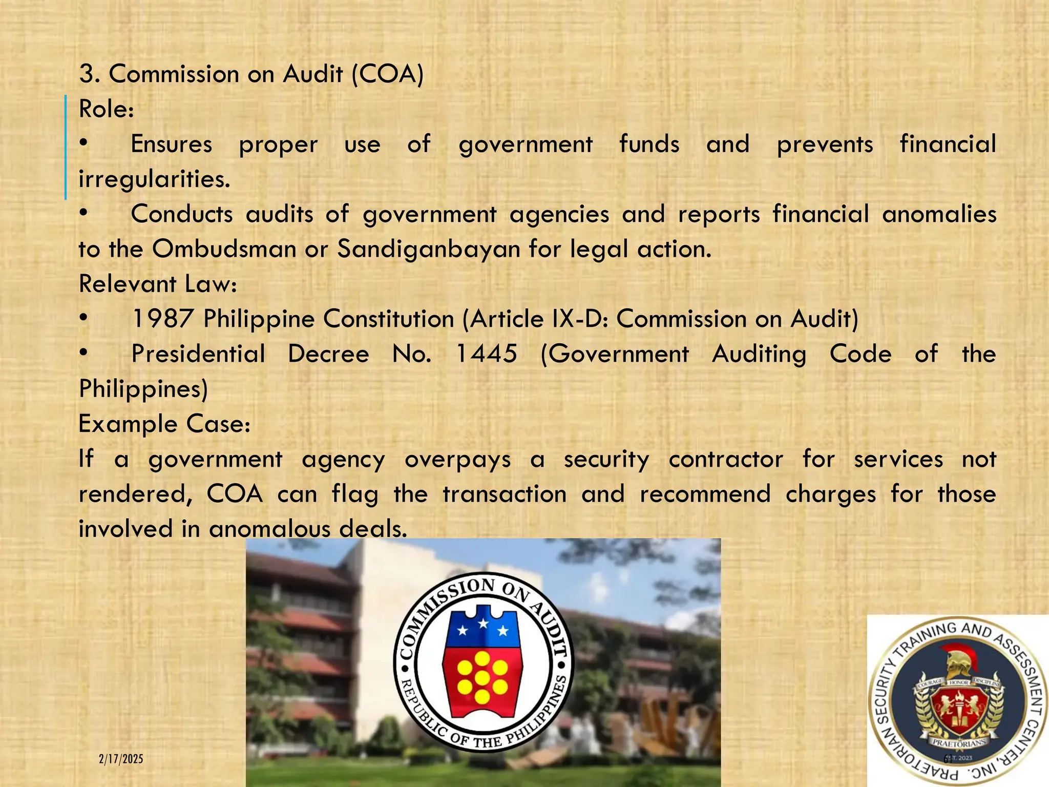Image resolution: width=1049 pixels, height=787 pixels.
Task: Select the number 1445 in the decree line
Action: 486,354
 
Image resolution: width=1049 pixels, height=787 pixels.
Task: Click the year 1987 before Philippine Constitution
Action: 162,319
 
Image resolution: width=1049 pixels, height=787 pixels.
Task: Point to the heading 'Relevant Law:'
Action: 158,284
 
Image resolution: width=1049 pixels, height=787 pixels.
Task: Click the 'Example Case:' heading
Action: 164,424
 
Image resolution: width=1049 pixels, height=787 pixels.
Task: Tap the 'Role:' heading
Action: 107,109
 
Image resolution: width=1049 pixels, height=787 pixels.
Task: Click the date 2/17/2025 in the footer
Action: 121,759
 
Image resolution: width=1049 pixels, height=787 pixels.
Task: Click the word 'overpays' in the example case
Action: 458,460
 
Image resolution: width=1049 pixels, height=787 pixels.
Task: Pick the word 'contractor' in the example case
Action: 726,460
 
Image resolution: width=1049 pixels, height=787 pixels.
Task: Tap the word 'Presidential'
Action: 198,354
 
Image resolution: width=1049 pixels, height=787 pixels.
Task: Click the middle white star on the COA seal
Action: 483,624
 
